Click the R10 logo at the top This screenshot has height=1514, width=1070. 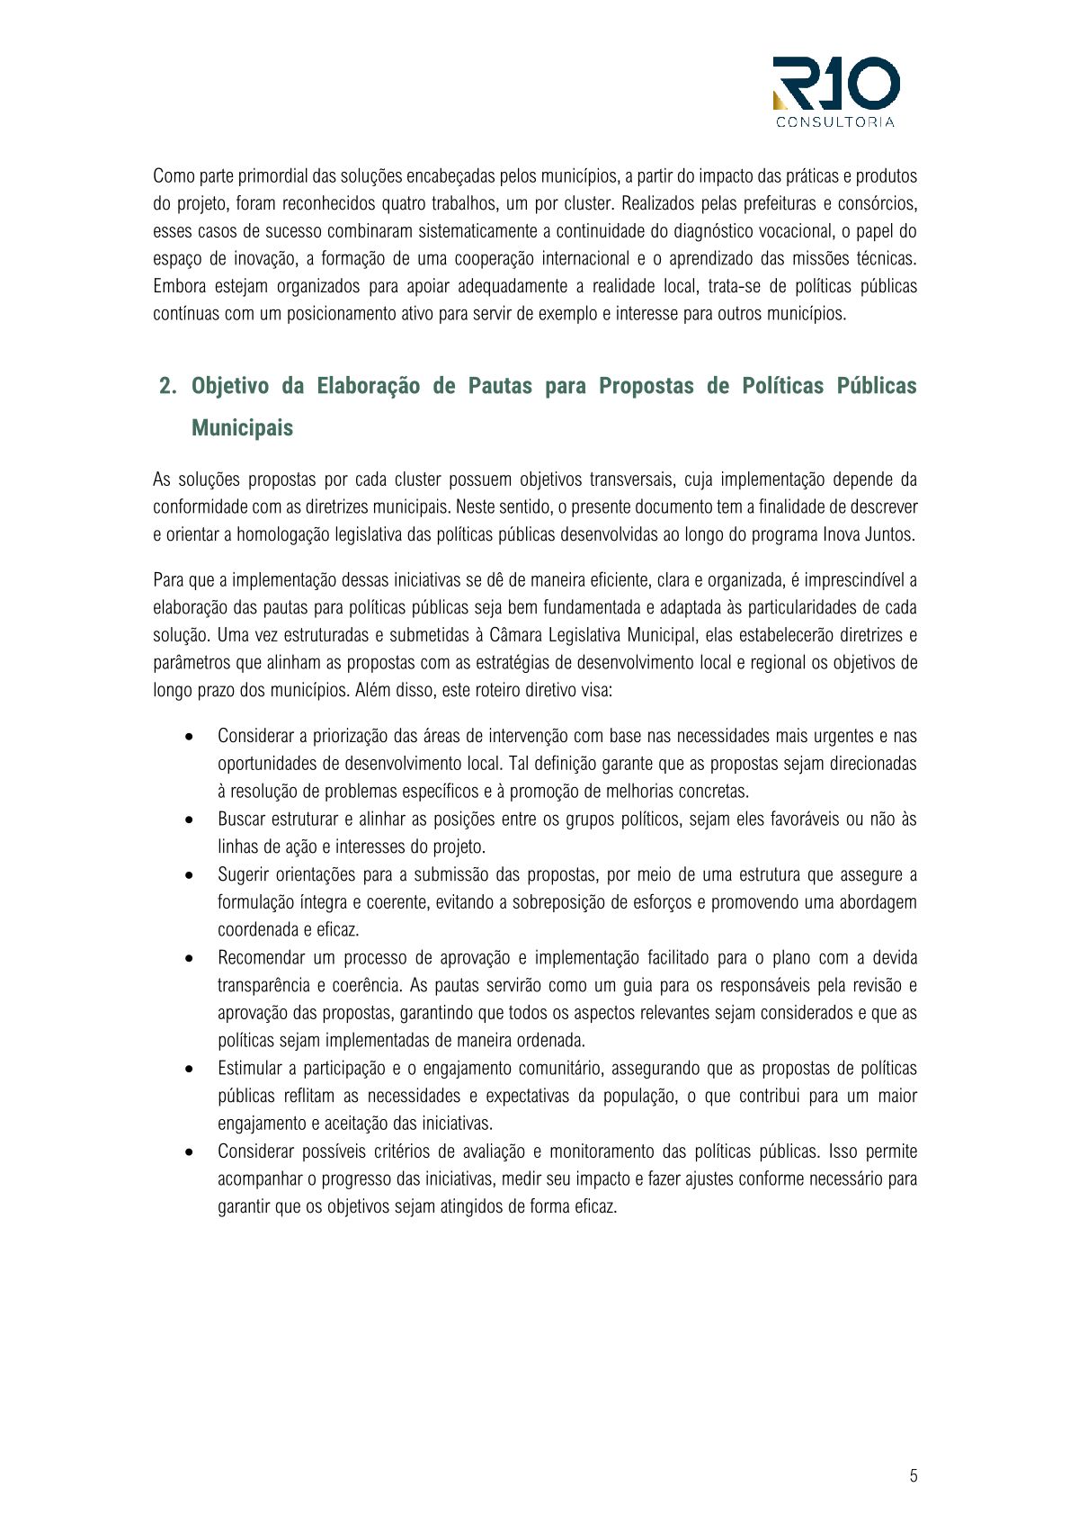pos(835,84)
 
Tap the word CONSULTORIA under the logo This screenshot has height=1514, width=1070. pos(835,122)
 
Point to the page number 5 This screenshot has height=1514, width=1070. pos(914,1475)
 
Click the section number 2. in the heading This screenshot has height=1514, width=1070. pos(168,386)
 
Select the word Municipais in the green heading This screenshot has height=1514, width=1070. pos(242,427)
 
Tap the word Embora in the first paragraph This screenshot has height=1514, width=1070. pos(179,286)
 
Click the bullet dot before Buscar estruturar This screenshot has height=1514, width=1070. pos(189,820)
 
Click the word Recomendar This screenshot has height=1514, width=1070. pos(261,957)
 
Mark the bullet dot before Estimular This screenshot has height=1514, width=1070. pos(189,1069)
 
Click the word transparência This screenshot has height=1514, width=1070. pos(263,985)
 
